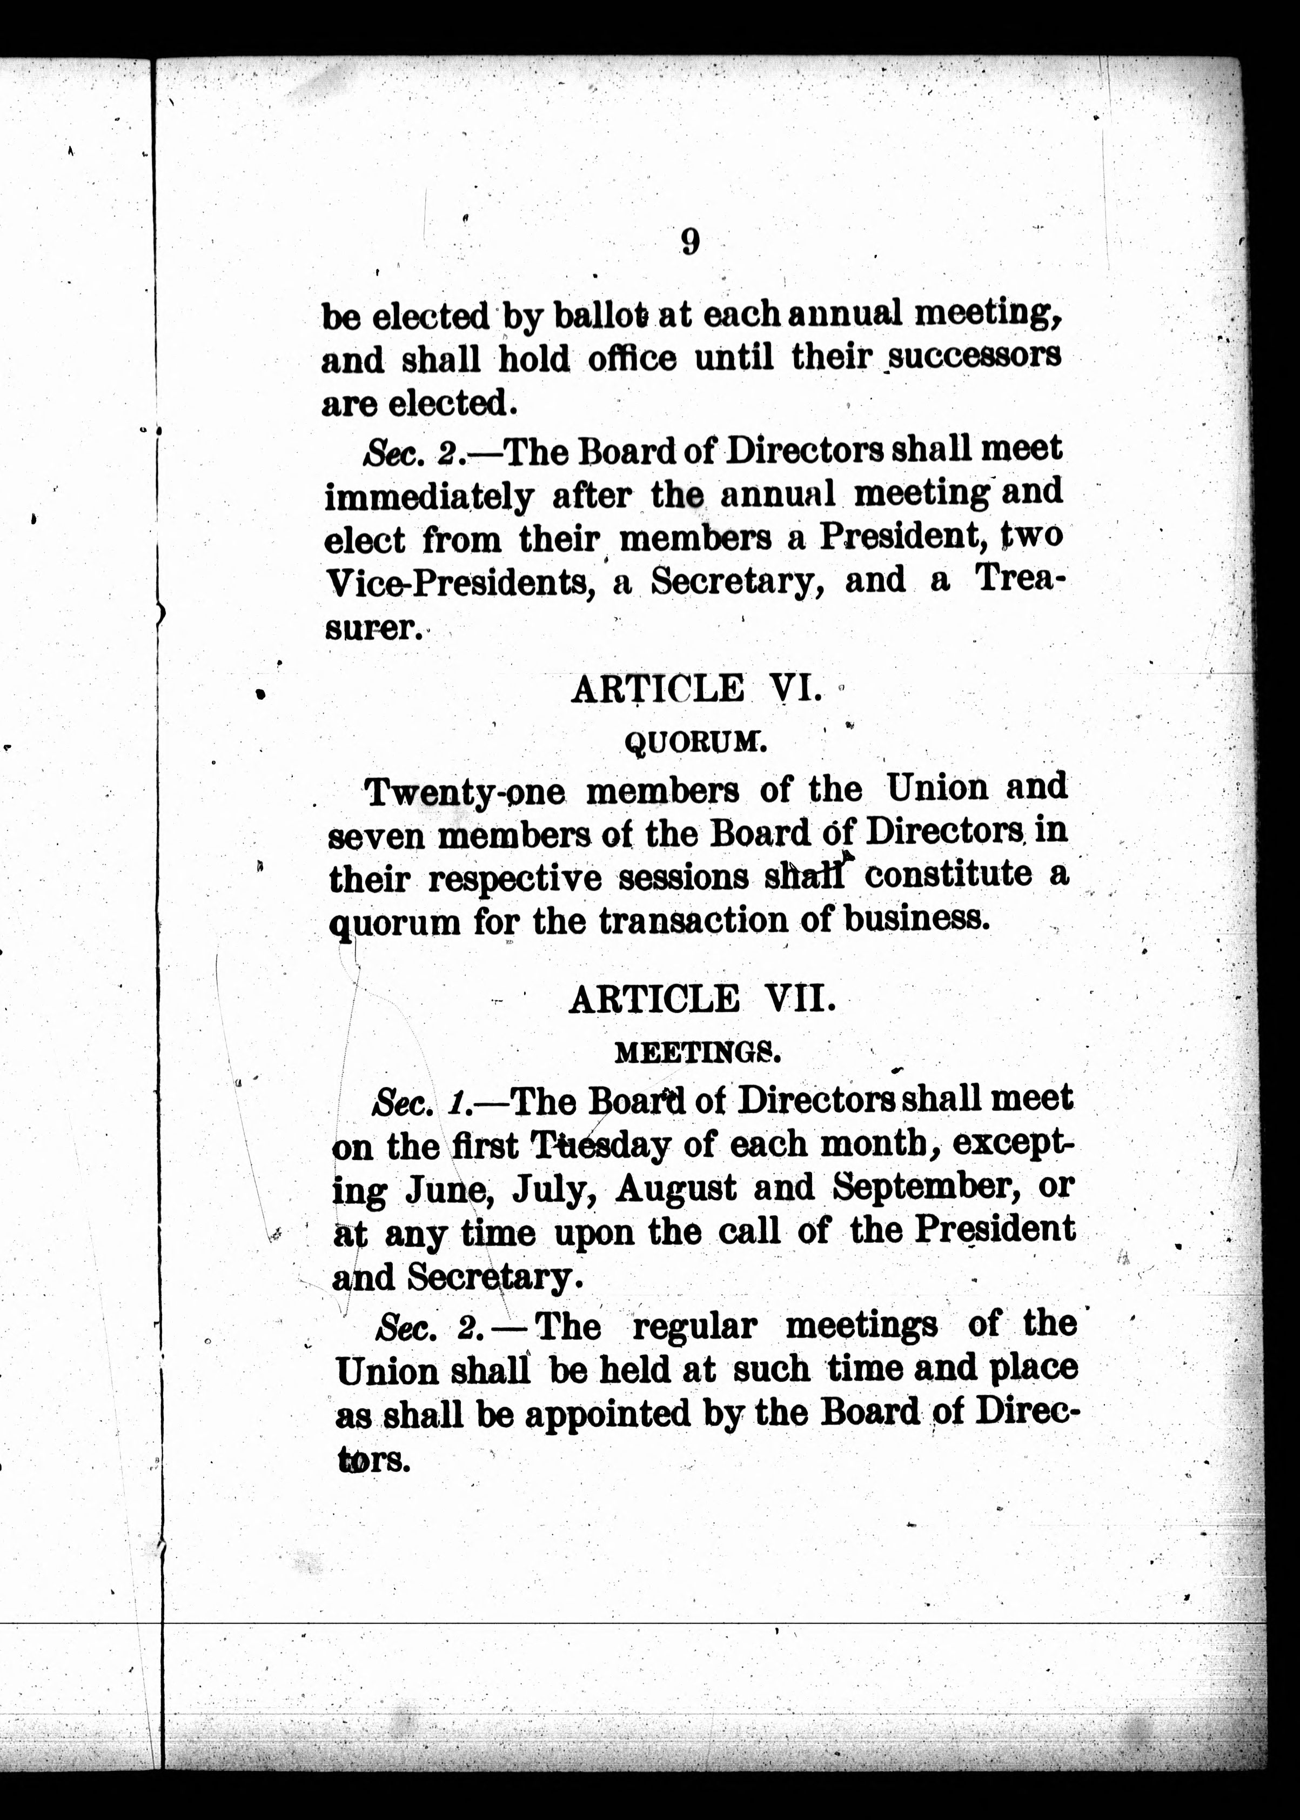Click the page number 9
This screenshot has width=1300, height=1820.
click(x=690, y=242)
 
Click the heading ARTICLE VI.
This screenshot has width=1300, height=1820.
click(x=695, y=689)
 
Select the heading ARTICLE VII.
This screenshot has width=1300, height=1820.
click(x=701, y=1000)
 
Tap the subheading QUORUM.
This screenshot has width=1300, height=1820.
click(x=695, y=744)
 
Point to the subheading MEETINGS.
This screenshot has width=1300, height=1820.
click(x=696, y=1053)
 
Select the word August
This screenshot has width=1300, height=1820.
click(x=675, y=1188)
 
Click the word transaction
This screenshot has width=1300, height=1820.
click(x=693, y=922)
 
